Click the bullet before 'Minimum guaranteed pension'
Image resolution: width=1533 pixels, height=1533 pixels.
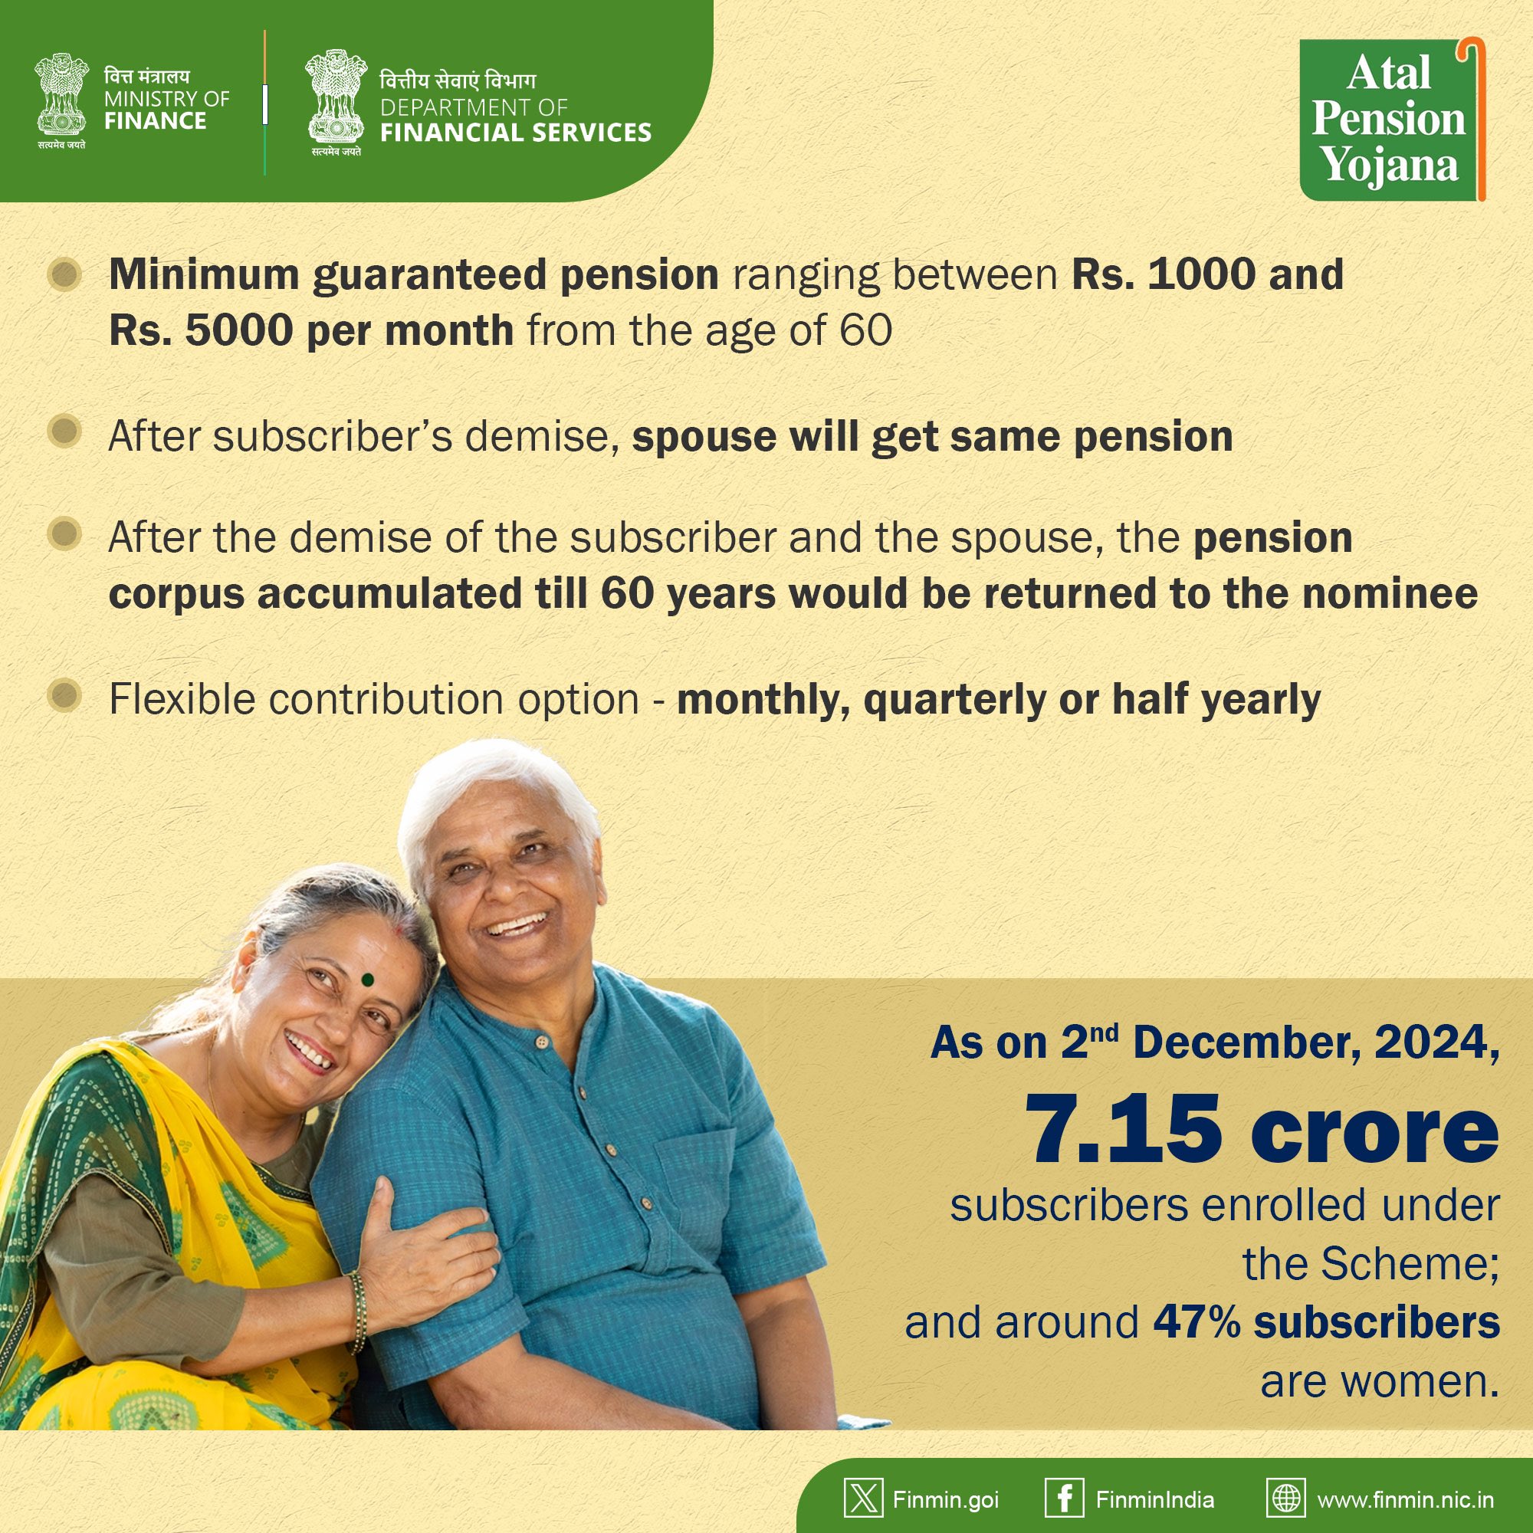click(x=65, y=274)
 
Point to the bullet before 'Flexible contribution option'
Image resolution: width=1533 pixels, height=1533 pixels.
click(x=65, y=696)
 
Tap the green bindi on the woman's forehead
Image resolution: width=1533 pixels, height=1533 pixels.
click(x=367, y=980)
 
